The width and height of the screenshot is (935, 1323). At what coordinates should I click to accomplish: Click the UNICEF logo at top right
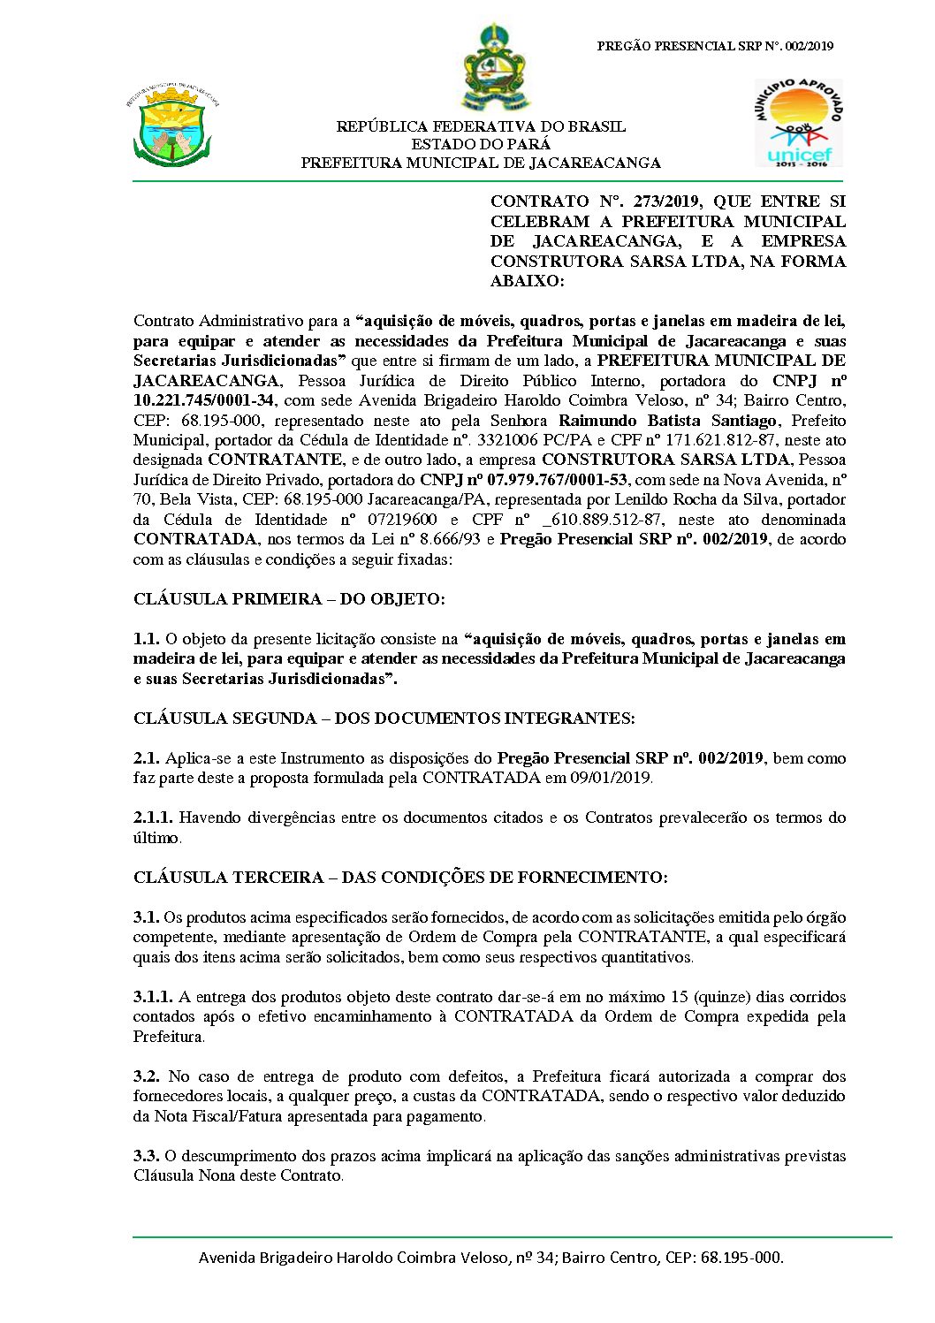[x=799, y=124]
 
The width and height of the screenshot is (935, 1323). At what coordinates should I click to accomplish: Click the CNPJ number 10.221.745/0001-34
[x=203, y=400]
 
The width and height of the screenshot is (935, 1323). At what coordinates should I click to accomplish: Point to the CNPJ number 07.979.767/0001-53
[x=523, y=480]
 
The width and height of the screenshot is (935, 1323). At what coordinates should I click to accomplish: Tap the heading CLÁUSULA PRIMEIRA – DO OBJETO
[x=289, y=599]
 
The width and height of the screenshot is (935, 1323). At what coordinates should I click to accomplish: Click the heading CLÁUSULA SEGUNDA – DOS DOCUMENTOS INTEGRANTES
[x=384, y=719]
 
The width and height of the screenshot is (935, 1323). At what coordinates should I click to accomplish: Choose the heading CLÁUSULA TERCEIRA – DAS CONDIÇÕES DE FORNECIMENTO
[x=400, y=878]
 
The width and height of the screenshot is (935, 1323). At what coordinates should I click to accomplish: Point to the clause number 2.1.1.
[x=153, y=818]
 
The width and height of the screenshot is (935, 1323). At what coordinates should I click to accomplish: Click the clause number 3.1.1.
[x=153, y=997]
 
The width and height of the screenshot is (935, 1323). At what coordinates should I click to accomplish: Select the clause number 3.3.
[x=146, y=1156]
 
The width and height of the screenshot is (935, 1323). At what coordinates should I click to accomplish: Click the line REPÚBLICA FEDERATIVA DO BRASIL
[x=481, y=126]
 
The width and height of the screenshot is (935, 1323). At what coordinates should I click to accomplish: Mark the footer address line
[x=490, y=1257]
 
